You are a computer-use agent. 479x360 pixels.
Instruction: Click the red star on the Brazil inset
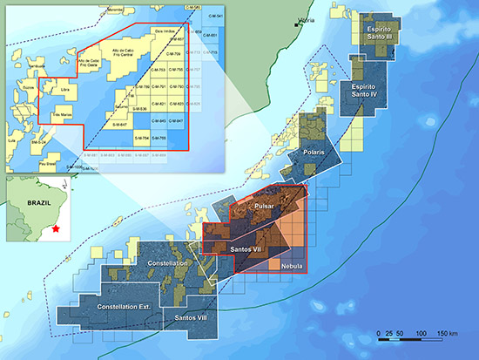point(57,228)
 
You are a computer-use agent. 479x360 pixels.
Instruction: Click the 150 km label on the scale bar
point(448,334)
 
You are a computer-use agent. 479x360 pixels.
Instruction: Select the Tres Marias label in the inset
point(62,114)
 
